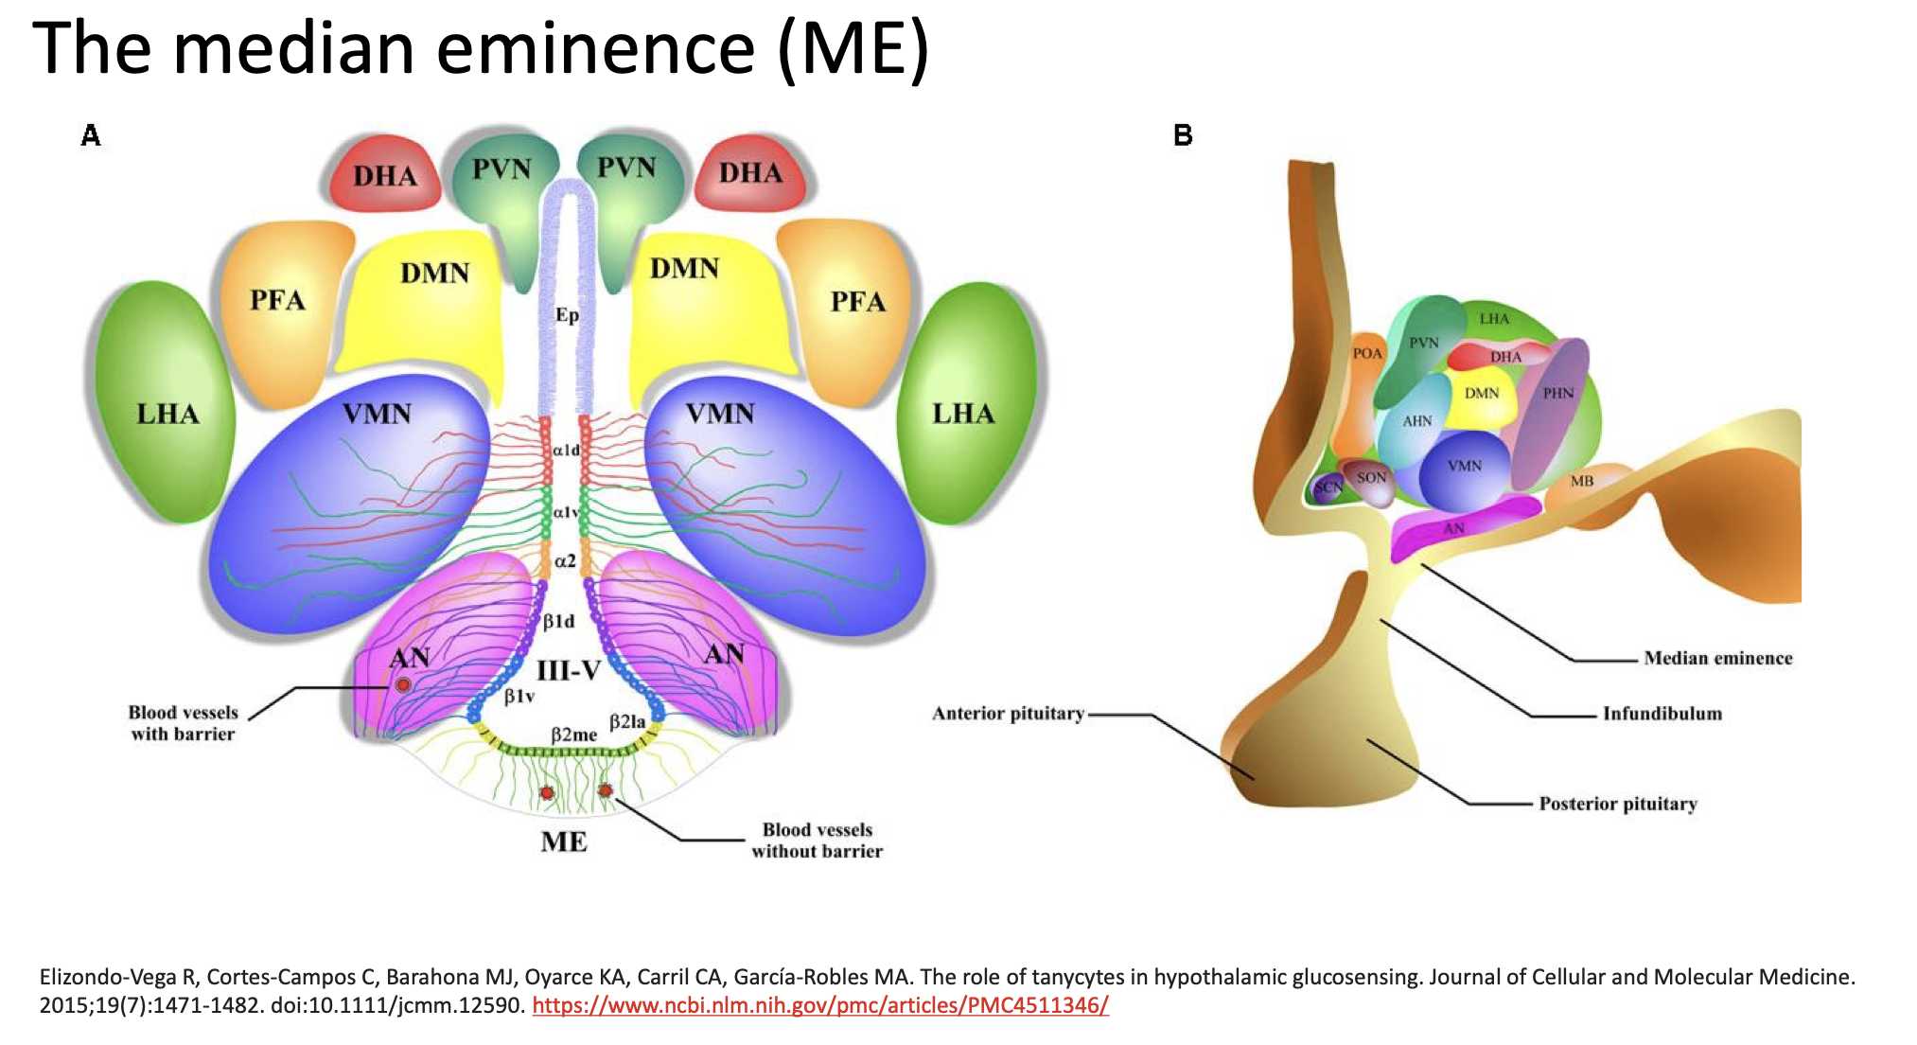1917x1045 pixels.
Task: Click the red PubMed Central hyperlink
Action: (819, 1005)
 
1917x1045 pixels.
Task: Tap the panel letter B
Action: (1183, 135)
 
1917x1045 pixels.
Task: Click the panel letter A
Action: (91, 135)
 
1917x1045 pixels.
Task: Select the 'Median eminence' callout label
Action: (1717, 658)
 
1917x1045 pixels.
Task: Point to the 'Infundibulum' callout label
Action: (1662, 714)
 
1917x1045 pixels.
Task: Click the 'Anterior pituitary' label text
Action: (1008, 714)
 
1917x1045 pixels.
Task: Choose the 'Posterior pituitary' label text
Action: (1617, 804)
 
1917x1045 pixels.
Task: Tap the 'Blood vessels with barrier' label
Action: (184, 723)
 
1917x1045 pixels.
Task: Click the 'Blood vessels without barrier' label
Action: (817, 841)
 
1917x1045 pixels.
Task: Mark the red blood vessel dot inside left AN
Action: (403, 684)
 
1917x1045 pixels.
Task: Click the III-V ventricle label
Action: (569, 671)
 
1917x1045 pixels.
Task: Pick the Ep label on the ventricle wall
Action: (567, 315)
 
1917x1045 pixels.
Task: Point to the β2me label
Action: (574, 735)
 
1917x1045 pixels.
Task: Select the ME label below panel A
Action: (564, 841)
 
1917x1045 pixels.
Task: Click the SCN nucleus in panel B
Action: (1328, 487)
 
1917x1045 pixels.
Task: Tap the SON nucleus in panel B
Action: (1371, 478)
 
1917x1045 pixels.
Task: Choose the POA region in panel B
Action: (1366, 354)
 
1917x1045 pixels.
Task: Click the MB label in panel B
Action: (1582, 481)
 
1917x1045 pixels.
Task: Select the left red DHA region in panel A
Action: (384, 176)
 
